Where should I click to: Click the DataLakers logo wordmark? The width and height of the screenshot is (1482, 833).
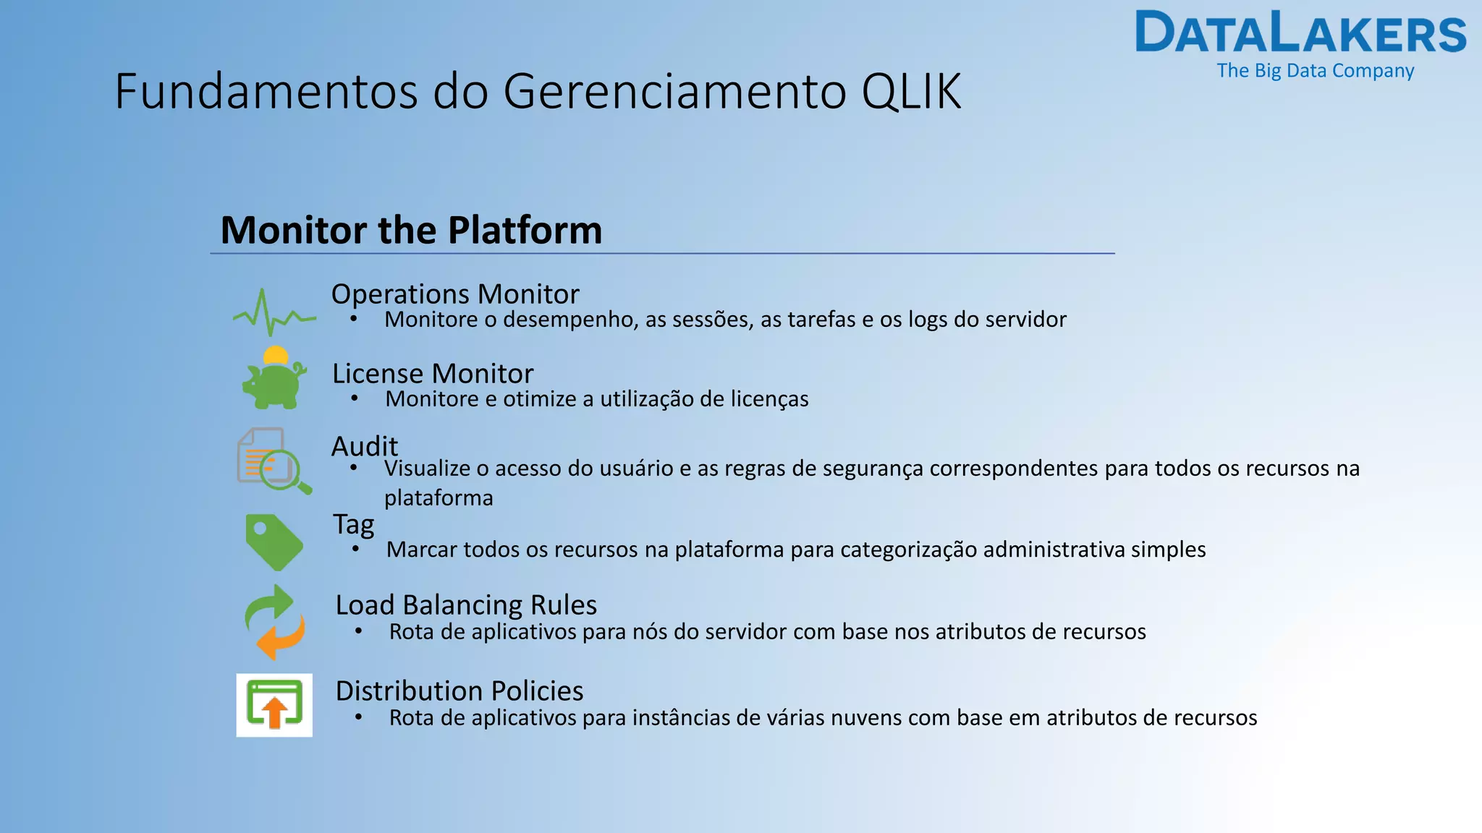(1300, 33)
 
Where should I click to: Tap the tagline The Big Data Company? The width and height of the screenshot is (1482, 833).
(1315, 71)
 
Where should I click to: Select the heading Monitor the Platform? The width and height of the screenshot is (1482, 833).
(411, 230)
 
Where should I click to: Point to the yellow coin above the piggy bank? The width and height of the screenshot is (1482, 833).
(276, 355)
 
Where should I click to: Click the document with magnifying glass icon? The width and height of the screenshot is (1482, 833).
(273, 461)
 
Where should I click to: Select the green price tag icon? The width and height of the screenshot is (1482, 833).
(273, 542)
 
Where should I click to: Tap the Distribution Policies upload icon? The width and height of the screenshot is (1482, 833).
(274, 705)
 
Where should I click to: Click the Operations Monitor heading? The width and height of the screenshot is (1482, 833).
(454, 294)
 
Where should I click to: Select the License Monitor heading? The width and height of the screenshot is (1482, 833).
(432, 374)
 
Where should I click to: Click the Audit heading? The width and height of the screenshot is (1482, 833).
(364, 446)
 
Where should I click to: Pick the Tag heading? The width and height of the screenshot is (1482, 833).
(353, 524)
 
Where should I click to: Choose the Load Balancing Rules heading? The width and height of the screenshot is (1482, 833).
(466, 605)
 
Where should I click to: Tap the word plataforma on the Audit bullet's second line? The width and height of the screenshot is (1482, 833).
(439, 498)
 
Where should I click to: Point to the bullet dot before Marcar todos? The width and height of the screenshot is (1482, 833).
(355, 550)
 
